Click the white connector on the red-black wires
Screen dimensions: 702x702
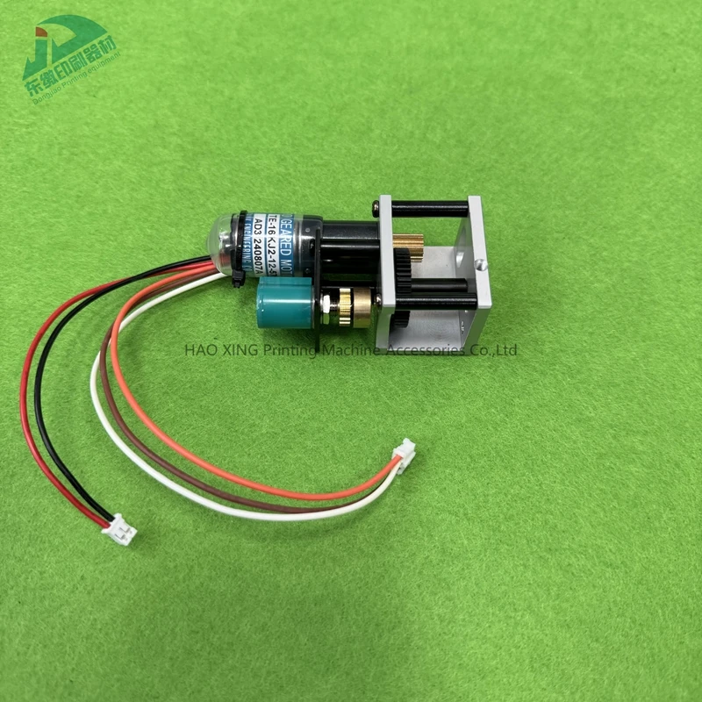(119, 530)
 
